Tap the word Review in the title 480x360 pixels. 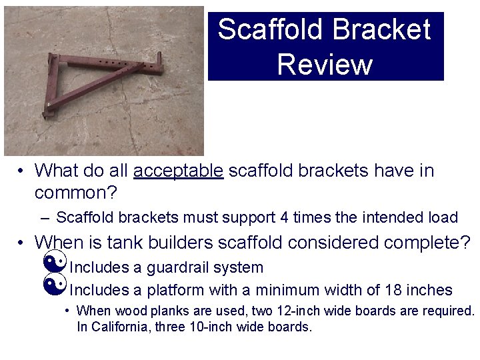(x=325, y=65)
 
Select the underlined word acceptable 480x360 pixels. (x=179, y=171)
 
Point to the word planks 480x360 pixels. (x=153, y=311)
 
